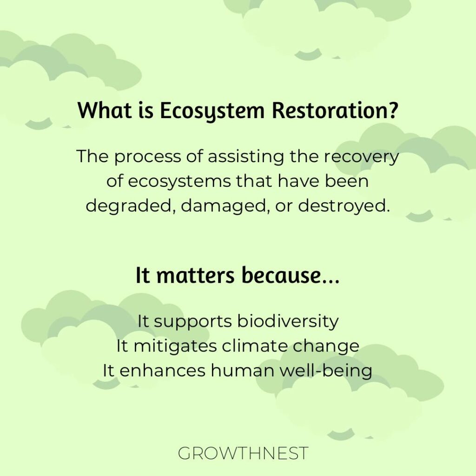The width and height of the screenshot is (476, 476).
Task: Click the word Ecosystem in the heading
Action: tap(212, 111)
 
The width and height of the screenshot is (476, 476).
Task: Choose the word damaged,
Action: tap(225, 206)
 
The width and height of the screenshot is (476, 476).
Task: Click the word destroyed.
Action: tap(344, 206)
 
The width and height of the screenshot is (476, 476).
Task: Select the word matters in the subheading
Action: tap(196, 276)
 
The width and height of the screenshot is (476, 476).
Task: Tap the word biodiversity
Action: tap(288, 322)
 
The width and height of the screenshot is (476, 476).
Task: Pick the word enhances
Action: tap(162, 370)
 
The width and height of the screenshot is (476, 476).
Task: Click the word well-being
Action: tap(326, 371)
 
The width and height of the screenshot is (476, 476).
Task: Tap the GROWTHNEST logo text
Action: tap(243, 453)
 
